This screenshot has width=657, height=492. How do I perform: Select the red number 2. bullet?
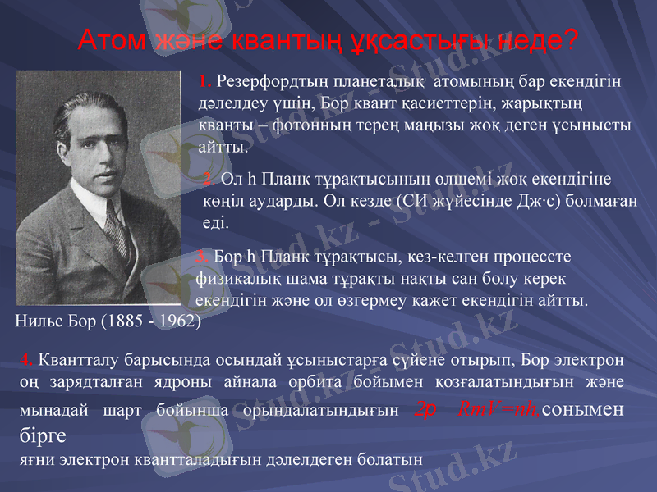209,180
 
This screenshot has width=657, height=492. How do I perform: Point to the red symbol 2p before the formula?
426,409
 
